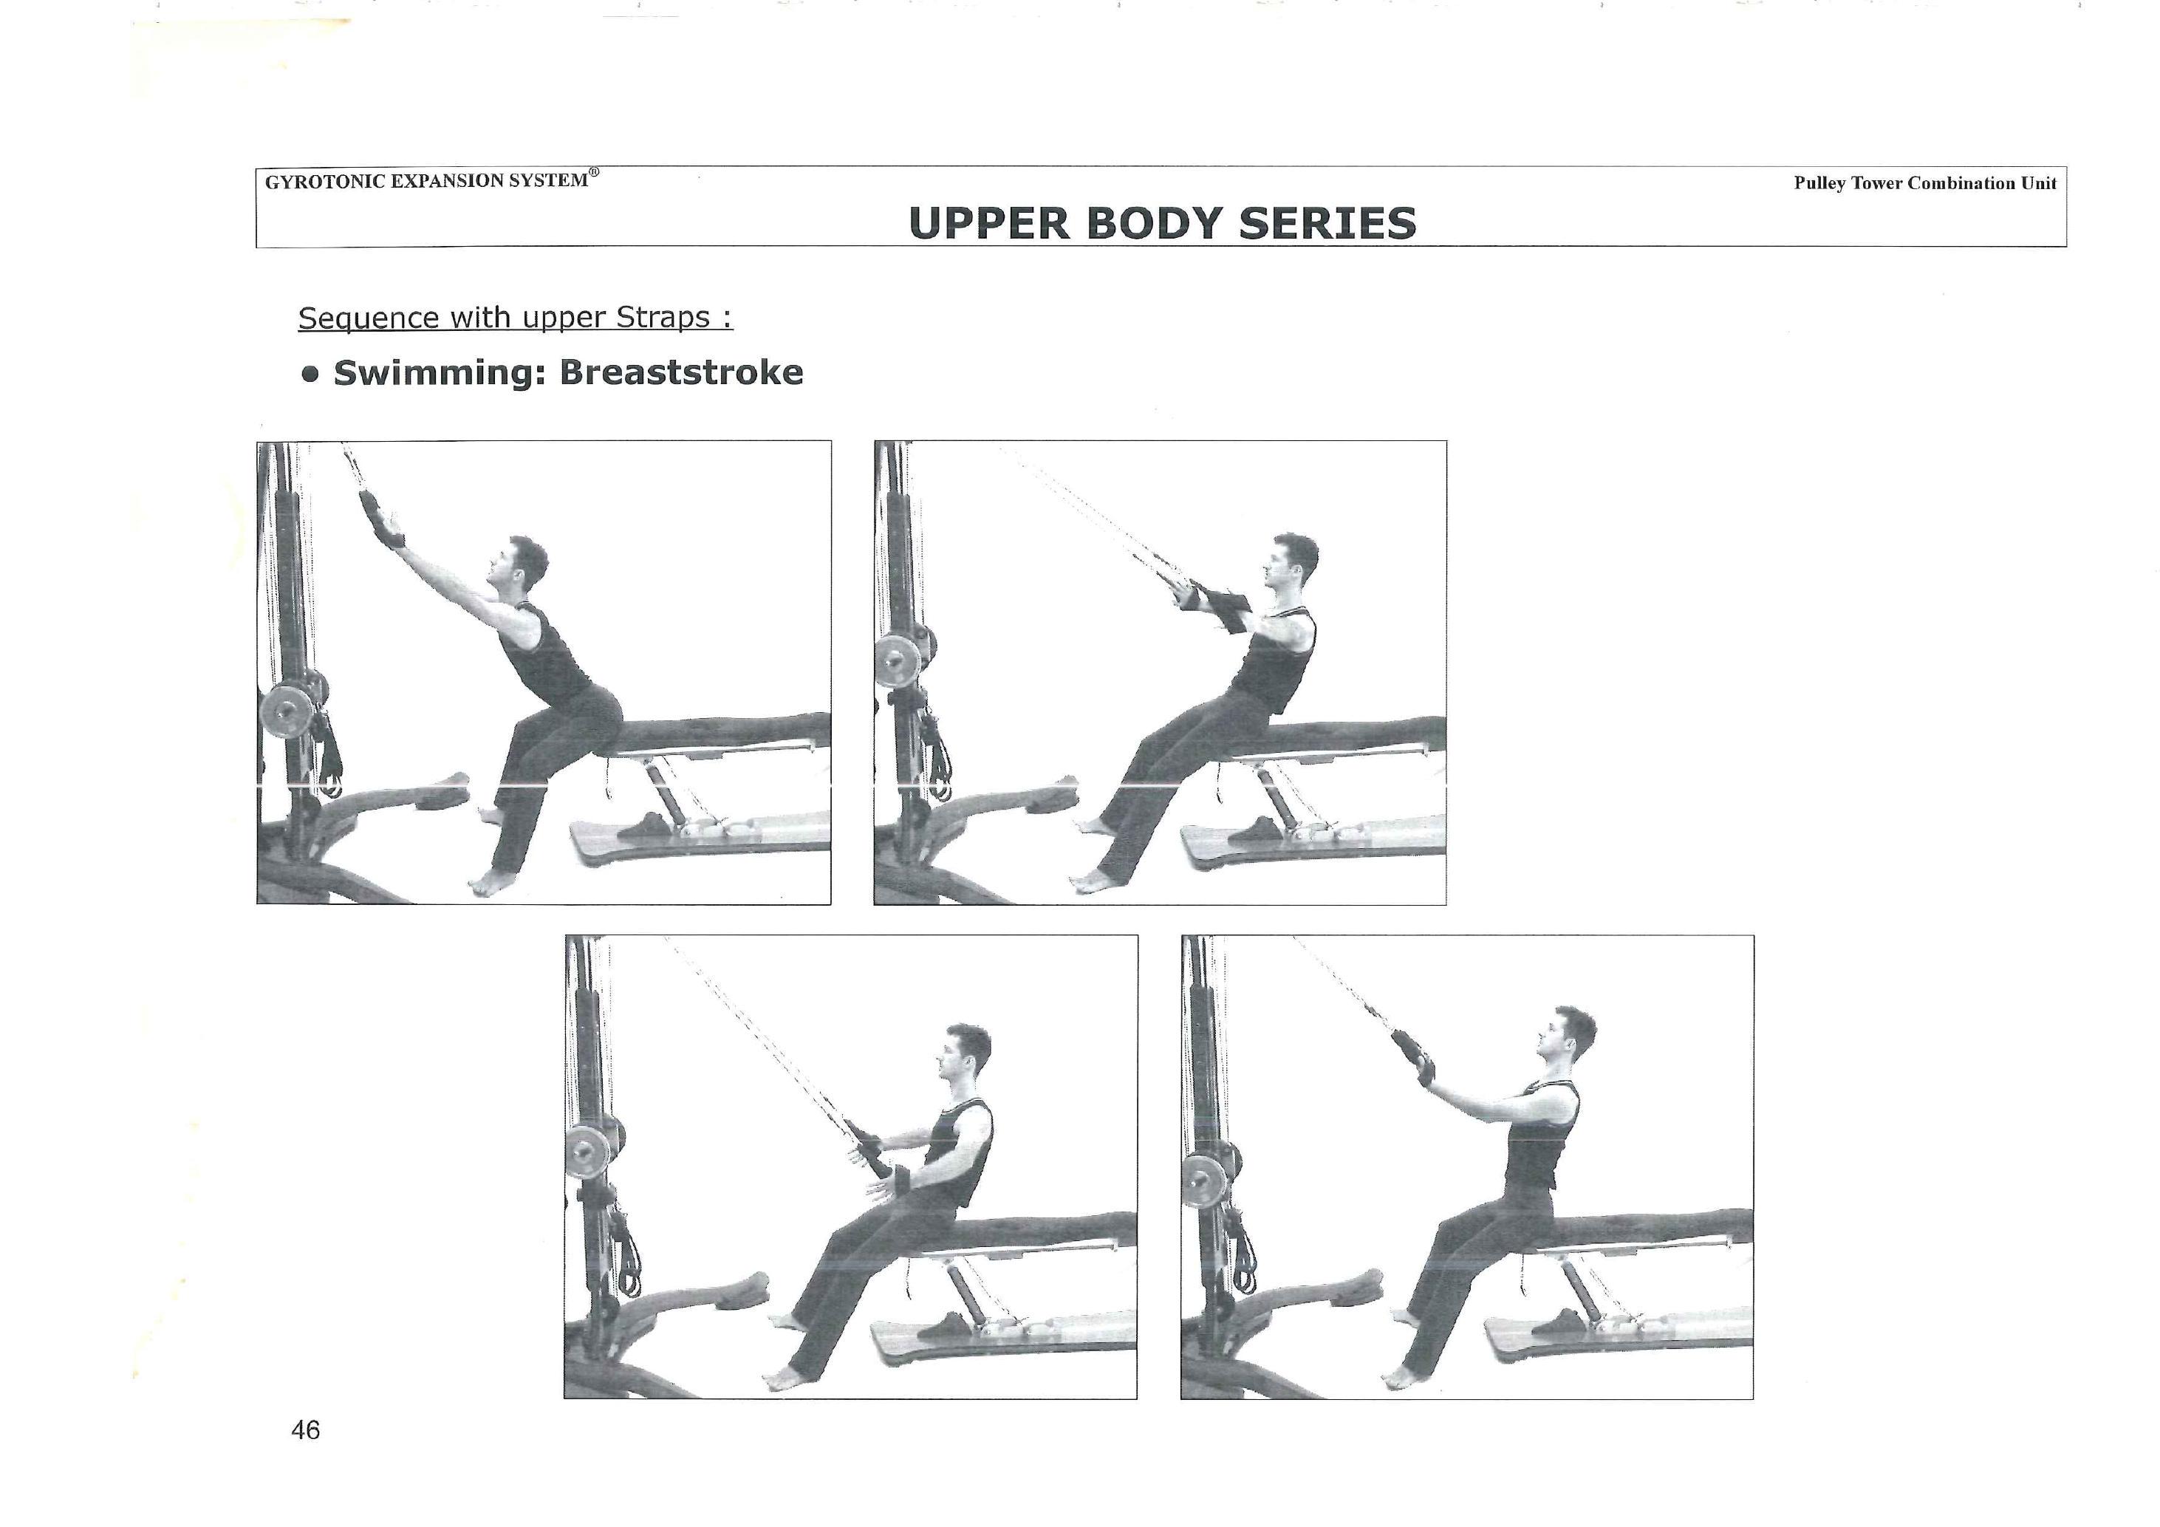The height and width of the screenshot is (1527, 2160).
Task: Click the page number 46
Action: tap(306, 1430)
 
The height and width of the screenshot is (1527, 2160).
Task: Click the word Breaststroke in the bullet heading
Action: tap(681, 372)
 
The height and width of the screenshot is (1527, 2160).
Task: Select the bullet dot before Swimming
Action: tap(310, 375)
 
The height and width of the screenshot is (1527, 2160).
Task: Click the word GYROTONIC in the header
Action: tap(324, 182)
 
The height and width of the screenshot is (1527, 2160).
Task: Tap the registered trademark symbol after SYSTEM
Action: tap(594, 173)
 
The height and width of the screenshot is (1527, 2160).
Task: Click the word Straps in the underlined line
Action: tap(663, 318)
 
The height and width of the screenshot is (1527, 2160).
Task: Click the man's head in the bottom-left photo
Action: tap(965, 1053)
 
